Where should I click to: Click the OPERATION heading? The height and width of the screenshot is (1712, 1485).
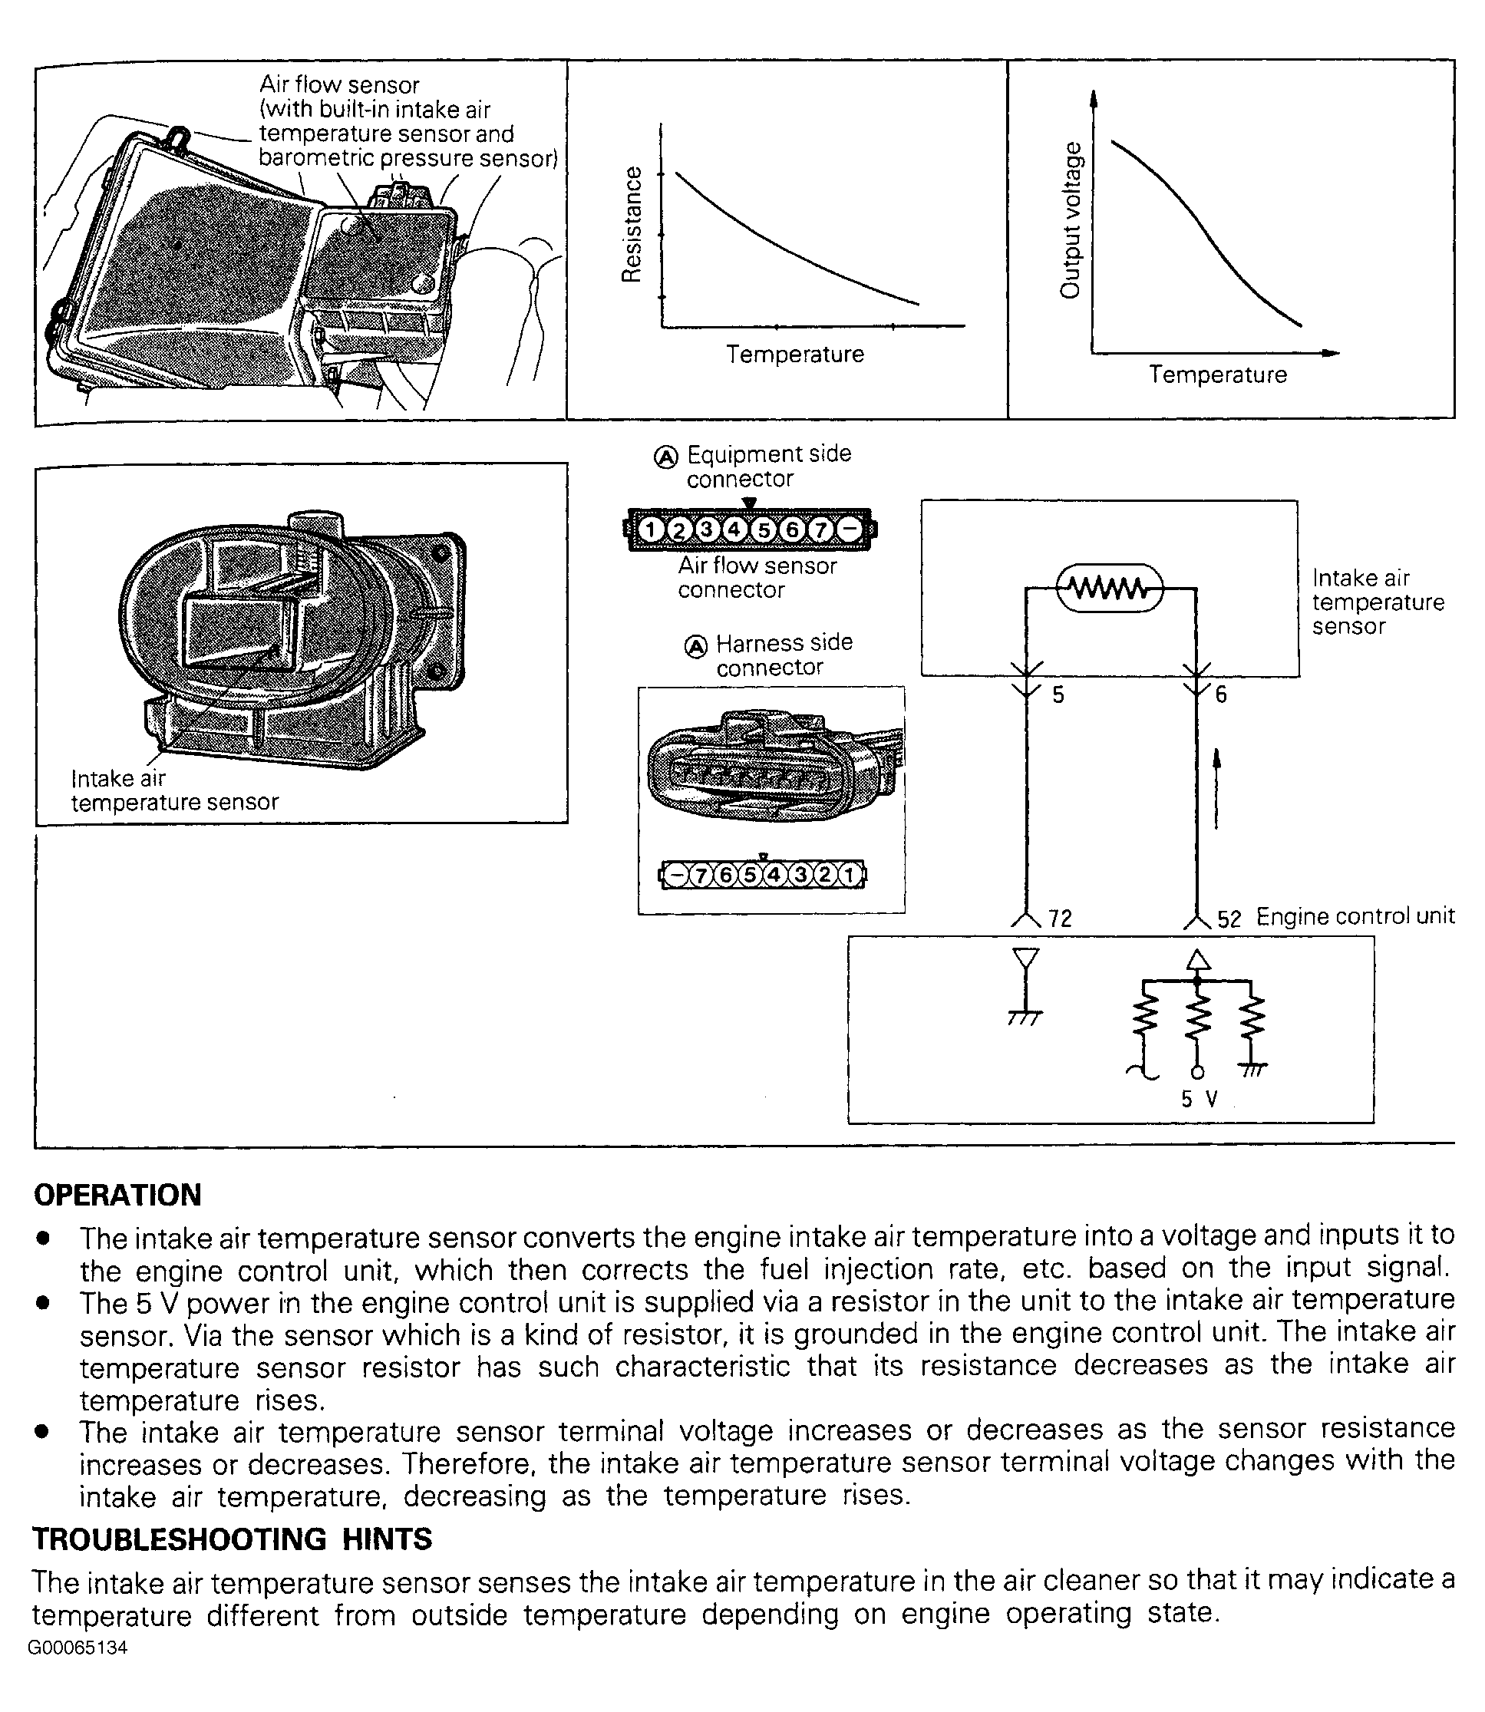(117, 1195)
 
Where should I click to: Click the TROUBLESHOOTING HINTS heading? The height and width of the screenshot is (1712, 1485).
(232, 1539)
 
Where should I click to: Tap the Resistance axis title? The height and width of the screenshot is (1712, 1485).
(632, 224)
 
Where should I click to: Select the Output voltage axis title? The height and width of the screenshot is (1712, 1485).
(1071, 219)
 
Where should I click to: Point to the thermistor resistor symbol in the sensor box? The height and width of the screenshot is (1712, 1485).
(1110, 589)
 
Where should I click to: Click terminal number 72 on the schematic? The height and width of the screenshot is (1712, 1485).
(1060, 918)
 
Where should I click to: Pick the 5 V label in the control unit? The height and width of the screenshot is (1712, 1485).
(1199, 1099)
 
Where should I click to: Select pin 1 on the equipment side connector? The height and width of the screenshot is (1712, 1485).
(652, 529)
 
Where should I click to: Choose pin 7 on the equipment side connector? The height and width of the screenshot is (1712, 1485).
(820, 529)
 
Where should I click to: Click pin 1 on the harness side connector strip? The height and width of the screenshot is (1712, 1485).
(850, 874)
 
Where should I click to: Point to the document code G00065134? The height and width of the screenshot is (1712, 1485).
(78, 1648)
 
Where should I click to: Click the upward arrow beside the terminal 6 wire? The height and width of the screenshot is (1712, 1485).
(1216, 787)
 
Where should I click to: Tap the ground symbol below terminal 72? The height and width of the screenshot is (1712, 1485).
(1026, 1016)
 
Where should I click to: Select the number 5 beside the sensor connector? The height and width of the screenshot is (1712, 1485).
(1058, 694)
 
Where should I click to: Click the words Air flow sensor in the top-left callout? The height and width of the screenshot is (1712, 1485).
(339, 84)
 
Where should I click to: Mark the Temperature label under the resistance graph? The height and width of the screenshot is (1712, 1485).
(795, 354)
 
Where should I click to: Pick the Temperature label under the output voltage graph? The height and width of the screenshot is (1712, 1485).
(1217, 374)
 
